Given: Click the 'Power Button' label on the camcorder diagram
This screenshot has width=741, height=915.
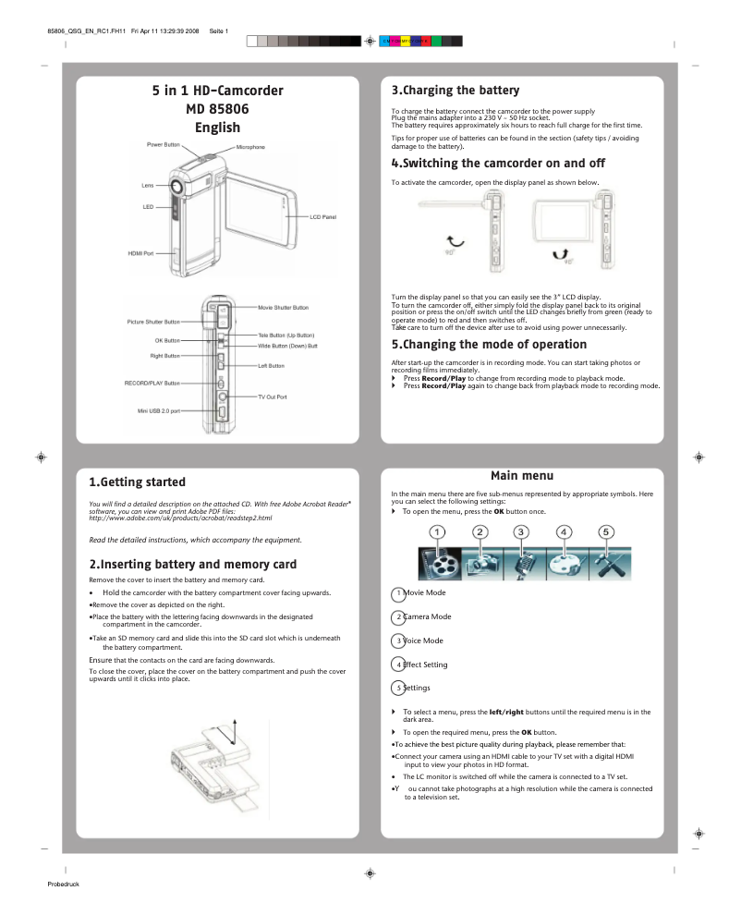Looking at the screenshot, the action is [x=164, y=145].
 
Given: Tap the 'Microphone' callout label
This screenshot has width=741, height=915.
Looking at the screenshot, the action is [x=249, y=147].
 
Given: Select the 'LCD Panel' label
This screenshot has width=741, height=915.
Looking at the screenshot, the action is [x=322, y=216].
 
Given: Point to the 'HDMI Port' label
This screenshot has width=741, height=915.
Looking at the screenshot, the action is [x=140, y=253].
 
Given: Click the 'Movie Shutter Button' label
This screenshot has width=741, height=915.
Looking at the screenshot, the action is [x=283, y=307].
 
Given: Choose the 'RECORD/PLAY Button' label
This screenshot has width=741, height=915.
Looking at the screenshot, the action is [x=152, y=383].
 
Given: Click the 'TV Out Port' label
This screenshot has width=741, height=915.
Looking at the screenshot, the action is [x=273, y=396].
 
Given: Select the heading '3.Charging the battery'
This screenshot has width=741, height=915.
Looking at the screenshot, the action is [x=456, y=91].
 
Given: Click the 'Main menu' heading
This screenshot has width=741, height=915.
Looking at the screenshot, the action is [x=522, y=475].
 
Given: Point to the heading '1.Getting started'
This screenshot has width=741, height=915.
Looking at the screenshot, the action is [x=137, y=482].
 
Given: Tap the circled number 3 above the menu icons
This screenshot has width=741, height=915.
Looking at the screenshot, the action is [x=521, y=531].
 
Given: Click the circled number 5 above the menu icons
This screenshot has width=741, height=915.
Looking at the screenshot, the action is [x=605, y=531].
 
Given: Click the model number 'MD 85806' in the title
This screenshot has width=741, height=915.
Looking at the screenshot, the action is [x=217, y=109].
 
